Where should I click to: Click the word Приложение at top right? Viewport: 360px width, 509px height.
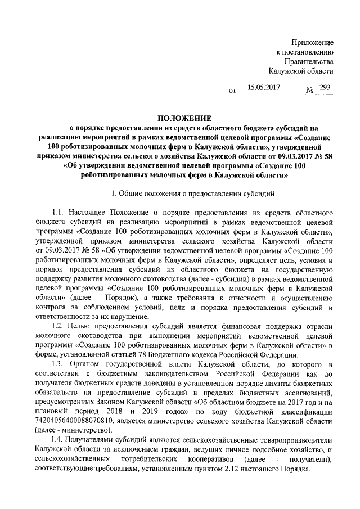(313, 43)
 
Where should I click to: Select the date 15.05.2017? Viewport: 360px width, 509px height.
(263, 88)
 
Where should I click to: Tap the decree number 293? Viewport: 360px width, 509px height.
(325, 88)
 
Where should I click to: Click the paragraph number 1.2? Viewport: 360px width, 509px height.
(58, 327)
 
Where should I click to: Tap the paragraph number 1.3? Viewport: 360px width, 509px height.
(58, 365)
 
